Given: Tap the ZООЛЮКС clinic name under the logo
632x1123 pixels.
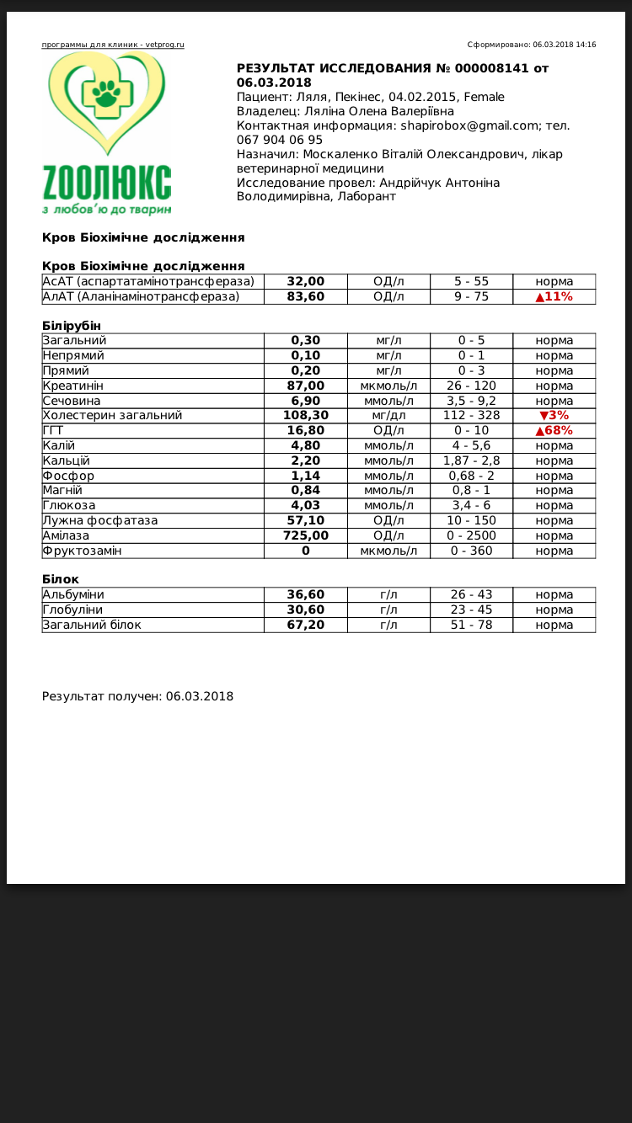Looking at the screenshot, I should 107,183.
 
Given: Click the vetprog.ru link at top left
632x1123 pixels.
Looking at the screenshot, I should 113,45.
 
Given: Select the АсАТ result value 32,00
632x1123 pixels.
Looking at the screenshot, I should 305,281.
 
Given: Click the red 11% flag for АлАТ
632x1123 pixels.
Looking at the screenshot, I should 554,296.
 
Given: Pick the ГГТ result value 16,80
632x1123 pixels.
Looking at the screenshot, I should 305,430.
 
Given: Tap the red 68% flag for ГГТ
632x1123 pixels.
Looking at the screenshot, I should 554,430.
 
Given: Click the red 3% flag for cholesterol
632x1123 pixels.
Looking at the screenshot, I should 554,415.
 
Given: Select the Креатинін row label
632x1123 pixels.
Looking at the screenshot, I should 73,386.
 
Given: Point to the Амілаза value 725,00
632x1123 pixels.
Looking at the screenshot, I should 305,535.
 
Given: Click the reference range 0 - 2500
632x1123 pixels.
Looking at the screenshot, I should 471,535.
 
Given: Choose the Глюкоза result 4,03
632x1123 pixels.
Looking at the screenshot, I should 305,505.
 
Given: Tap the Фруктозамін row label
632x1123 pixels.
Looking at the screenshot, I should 82,551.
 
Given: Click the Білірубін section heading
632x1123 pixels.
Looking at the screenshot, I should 71,326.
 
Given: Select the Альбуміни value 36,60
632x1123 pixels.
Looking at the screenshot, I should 305,594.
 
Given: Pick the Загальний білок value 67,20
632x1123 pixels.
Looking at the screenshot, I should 305,625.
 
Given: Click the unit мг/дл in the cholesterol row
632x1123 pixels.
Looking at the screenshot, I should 388,415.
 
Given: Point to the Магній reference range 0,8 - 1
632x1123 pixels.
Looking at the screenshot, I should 471,490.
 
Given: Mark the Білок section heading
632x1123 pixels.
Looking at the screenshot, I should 61,579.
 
